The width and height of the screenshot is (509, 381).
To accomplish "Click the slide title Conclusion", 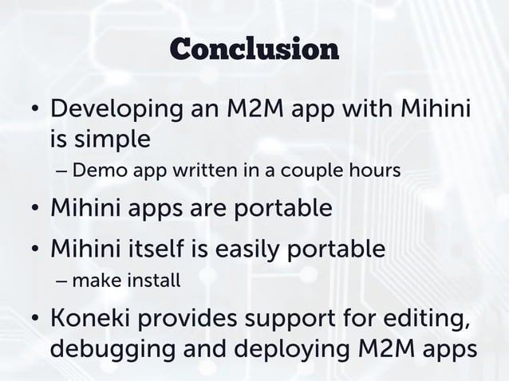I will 254,49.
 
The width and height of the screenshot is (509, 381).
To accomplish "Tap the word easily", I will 225,248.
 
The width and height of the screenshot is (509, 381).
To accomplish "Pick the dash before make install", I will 63,281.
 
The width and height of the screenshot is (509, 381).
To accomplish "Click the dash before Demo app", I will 63,171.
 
